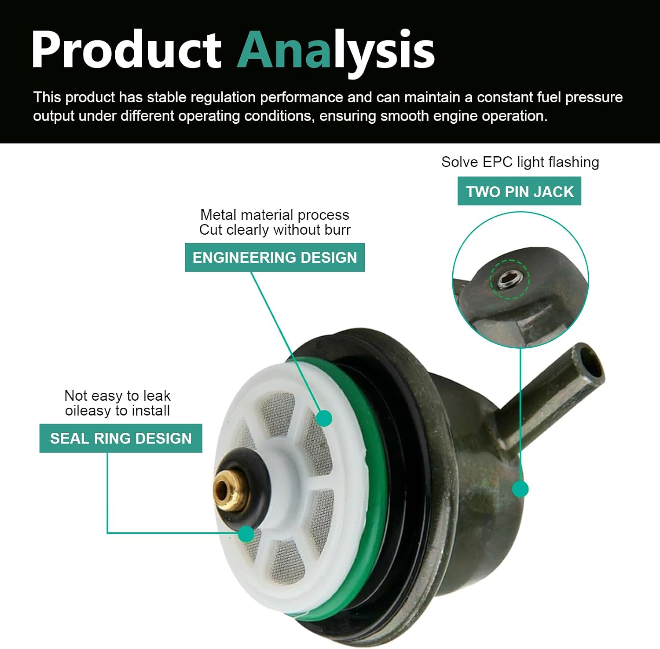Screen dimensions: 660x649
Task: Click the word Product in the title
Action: point(126,49)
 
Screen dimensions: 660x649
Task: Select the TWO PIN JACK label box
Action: point(519,191)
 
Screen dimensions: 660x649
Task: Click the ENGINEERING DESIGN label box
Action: point(275,257)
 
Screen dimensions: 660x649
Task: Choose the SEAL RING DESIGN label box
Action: point(121,438)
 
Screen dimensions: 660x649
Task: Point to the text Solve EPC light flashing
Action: point(520,162)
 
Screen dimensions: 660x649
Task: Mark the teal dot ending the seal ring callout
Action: point(246,534)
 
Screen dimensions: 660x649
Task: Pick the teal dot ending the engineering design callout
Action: point(324,418)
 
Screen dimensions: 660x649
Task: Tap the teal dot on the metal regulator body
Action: point(521,489)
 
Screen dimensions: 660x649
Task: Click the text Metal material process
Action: point(275,215)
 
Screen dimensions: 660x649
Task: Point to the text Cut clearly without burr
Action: point(275,230)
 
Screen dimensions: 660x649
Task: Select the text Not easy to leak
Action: point(117,395)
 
